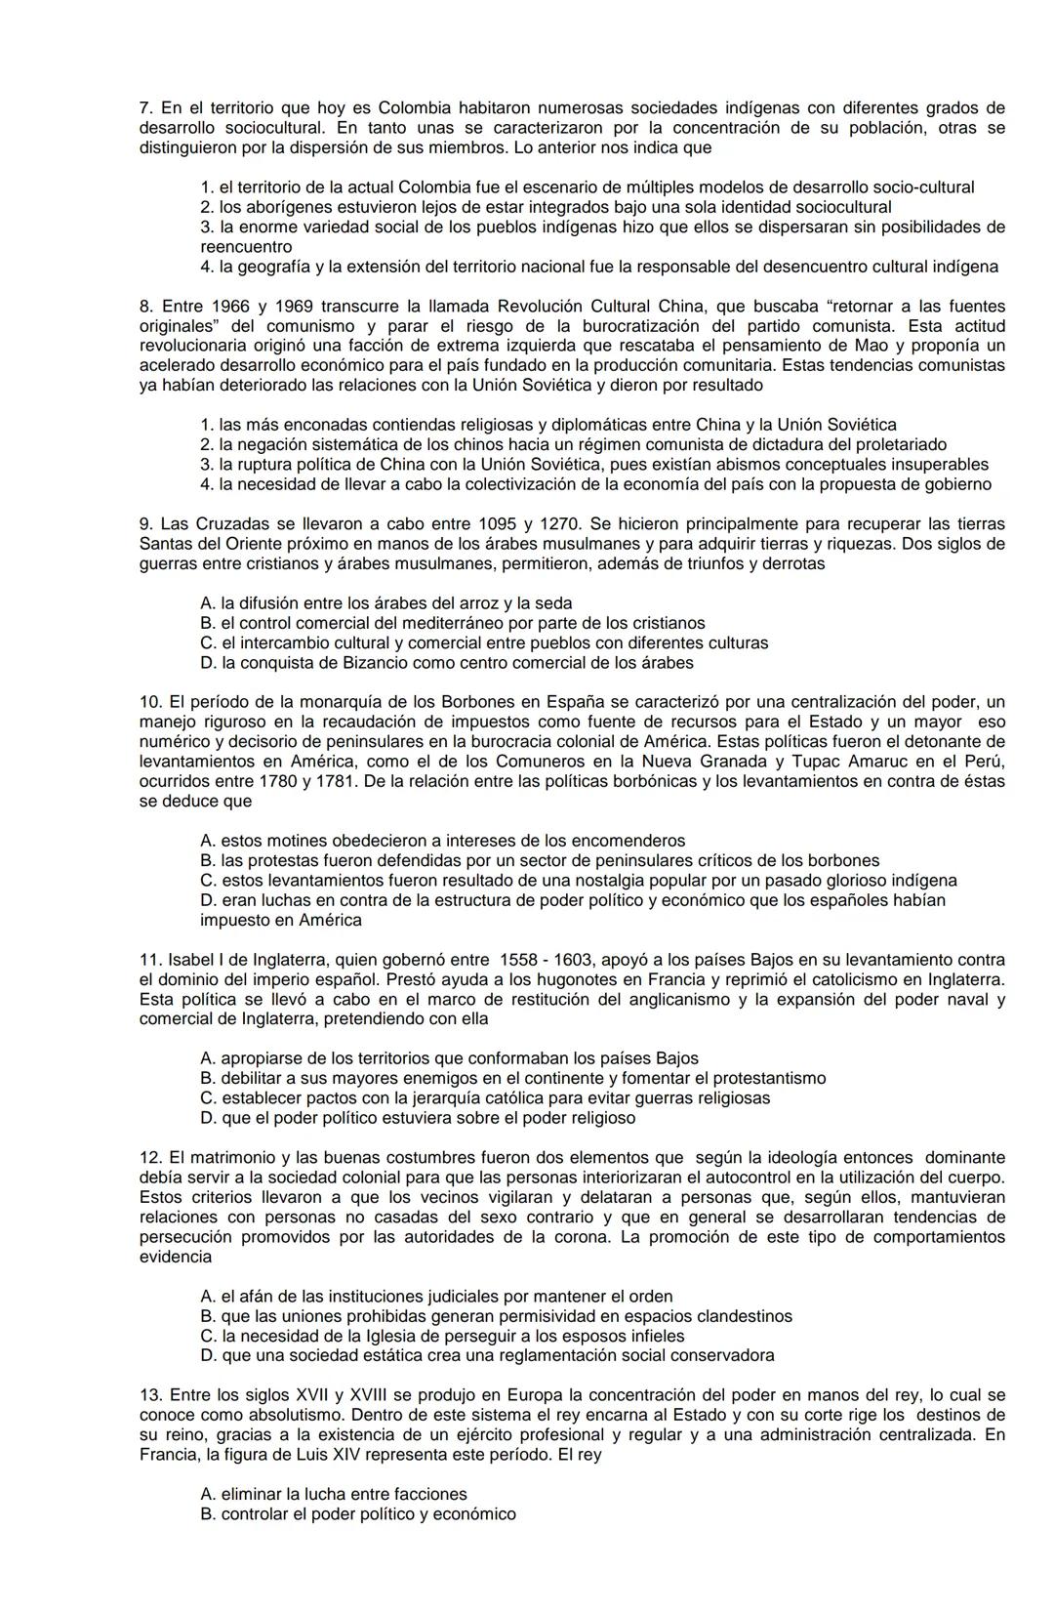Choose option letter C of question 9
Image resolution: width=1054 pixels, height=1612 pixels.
click(207, 643)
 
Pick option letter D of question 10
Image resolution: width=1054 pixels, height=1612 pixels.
click(207, 900)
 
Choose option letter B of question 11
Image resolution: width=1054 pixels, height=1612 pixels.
click(207, 1079)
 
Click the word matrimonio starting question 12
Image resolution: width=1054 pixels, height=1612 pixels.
click(222, 1158)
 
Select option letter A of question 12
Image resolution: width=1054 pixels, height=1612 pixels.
click(207, 1297)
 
